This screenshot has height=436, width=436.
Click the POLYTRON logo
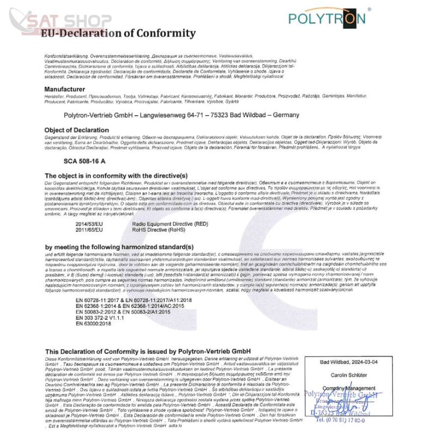tap(326, 19)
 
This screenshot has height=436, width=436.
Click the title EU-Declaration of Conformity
tap(118, 33)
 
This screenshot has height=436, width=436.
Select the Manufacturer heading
tap(64, 89)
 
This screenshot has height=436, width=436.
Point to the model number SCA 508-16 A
tap(84, 161)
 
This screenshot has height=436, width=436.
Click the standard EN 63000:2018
tap(94, 323)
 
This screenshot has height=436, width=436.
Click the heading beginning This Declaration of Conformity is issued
tap(147, 351)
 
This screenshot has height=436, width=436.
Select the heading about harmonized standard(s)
tap(119, 247)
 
